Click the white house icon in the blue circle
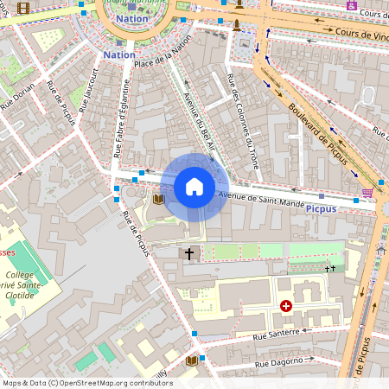pos(194,187)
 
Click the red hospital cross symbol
pos(286,305)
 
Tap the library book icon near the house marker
pos(158,199)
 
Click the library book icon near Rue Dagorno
pos(192,360)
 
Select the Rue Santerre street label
pos(276,333)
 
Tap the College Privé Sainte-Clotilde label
pos(23,284)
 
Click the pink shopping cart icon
pos(367,192)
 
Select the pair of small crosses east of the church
pos(329,269)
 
